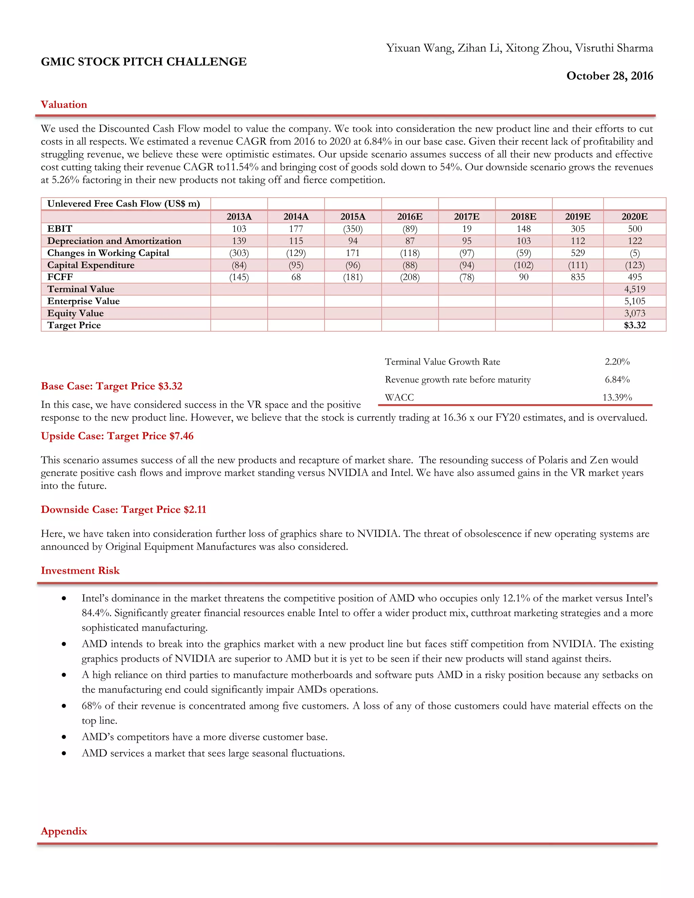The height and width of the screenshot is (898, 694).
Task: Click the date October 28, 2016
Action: click(609, 76)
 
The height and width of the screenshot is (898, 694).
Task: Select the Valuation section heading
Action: click(64, 104)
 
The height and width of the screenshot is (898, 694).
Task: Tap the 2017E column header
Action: click(466, 217)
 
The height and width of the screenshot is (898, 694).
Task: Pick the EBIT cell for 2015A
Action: click(352, 229)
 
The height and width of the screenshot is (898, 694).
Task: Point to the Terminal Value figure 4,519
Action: click(634, 289)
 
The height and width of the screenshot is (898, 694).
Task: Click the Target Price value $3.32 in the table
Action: click(634, 325)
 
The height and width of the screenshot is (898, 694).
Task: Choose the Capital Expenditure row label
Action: click(90, 265)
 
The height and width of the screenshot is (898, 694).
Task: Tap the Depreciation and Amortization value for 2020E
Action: click(634, 241)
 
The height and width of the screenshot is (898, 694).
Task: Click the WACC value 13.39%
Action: click(617, 397)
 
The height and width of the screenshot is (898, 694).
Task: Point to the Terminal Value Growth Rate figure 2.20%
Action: click(617, 362)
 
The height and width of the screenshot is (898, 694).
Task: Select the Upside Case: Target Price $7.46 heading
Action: click(117, 436)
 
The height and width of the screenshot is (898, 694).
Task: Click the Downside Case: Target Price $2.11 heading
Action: click(123, 509)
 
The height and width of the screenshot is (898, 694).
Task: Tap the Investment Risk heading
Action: click(80, 571)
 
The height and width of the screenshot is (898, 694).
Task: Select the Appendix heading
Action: click(64, 831)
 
